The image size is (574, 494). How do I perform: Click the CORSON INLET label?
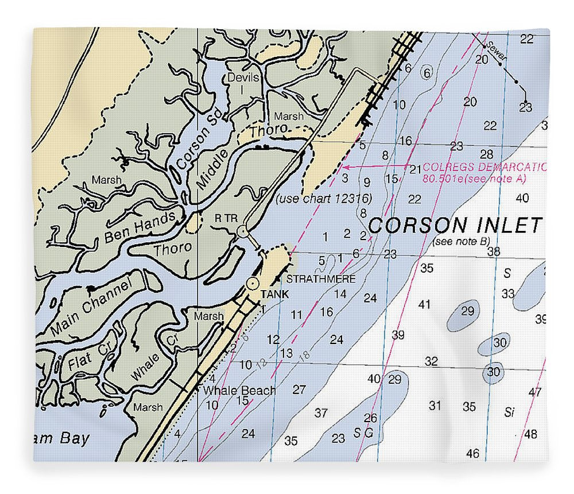[455, 225]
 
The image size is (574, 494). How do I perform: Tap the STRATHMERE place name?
[321, 279]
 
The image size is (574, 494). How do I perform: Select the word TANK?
[274, 294]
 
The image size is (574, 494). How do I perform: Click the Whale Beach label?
[239, 391]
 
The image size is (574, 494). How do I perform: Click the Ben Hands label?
[139, 229]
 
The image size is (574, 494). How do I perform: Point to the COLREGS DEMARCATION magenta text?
[484, 168]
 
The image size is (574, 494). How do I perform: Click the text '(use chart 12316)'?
[324, 199]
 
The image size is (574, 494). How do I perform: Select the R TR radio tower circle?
[242, 231]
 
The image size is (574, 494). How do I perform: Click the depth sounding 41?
[424, 304]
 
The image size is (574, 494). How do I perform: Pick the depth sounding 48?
[530, 434]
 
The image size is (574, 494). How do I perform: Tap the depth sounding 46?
[472, 454]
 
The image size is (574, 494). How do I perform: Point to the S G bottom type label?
[363, 433]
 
